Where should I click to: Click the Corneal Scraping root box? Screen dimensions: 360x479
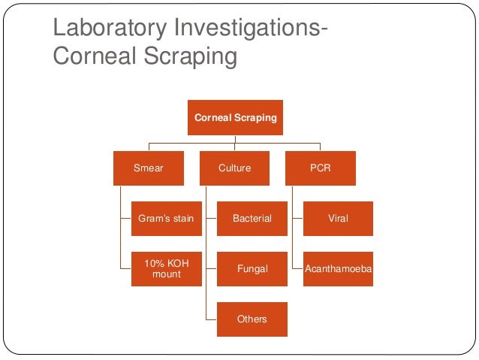(x=235, y=118)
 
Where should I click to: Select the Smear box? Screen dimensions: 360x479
(x=148, y=168)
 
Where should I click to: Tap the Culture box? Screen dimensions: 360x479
(x=234, y=168)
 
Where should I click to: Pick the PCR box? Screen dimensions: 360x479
(x=321, y=168)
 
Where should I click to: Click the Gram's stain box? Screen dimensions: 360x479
(x=166, y=219)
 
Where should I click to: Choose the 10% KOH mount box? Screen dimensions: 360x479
(x=166, y=269)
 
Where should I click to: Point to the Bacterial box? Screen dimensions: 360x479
(x=252, y=219)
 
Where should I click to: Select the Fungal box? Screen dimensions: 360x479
(x=252, y=269)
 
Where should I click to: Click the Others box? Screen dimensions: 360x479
(x=252, y=319)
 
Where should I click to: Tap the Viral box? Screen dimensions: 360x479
(x=338, y=219)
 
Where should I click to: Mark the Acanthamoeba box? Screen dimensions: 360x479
(x=338, y=269)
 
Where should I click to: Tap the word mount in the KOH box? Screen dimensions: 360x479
(x=166, y=275)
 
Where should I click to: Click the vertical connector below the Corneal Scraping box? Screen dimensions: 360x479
(x=235, y=140)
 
